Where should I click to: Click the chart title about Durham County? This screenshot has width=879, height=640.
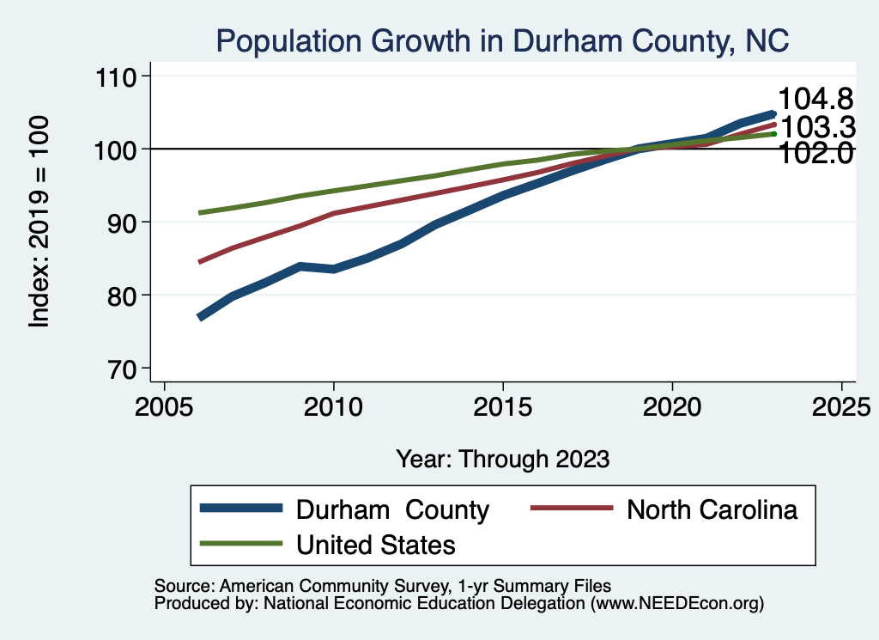[x=502, y=40]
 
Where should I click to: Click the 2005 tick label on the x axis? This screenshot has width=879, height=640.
[x=164, y=405]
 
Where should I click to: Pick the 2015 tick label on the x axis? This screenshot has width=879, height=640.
[x=503, y=405]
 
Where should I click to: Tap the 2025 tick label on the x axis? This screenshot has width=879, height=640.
[x=841, y=405]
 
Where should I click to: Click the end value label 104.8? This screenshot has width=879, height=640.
[x=815, y=101]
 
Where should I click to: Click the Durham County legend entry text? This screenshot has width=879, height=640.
[x=392, y=509]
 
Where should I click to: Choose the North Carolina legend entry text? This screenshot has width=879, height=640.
[x=712, y=509]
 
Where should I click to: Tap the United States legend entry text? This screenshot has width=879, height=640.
[x=376, y=544]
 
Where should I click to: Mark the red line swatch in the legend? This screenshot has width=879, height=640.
[x=572, y=509]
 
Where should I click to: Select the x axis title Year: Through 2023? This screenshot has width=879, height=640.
[x=503, y=459]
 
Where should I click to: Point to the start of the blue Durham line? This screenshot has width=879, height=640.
[x=200, y=317]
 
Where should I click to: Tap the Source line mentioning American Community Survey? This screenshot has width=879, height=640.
[x=382, y=586]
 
